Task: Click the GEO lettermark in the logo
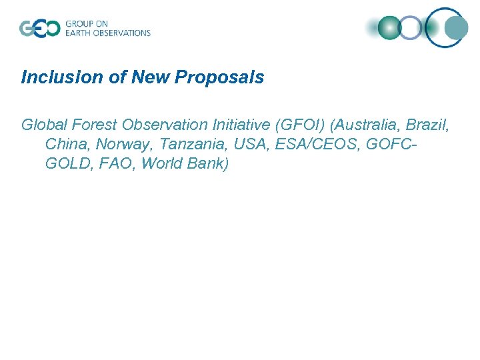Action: point(39,28)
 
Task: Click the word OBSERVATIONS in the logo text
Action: point(122,33)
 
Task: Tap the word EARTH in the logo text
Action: point(79,33)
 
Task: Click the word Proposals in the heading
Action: point(219,77)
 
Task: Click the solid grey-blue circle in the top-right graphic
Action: point(457,27)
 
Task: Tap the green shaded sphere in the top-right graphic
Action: point(389,27)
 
